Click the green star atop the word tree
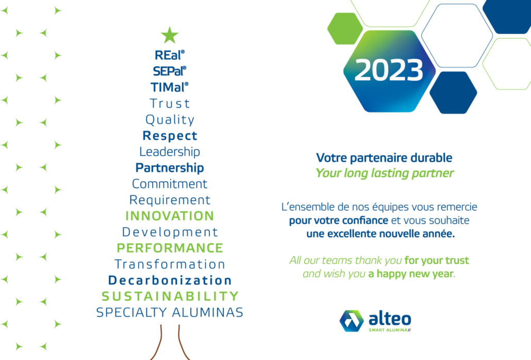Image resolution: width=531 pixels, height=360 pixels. tap(170, 35)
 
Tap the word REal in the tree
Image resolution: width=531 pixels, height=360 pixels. tap(169, 55)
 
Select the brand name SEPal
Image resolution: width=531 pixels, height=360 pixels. tap(169, 71)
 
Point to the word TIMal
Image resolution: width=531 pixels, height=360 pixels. tap(169, 87)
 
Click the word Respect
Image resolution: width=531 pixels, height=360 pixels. tap(170, 136)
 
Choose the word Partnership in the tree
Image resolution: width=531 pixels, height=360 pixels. tap(170, 168)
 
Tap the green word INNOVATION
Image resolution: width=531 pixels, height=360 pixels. tap(170, 216)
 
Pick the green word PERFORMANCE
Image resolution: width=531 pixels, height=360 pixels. tap(170, 248)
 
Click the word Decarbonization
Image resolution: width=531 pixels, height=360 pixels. tap(170, 280)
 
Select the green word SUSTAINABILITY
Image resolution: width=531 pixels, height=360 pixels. tap(170, 297)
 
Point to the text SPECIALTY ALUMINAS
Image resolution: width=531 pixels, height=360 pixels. tap(170, 312)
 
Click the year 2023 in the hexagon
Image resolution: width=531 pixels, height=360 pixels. tap(389, 70)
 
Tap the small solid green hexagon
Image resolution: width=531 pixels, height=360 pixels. tap(345, 29)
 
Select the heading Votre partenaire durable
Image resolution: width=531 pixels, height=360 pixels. tap(384, 158)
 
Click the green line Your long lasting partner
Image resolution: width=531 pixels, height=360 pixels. tap(385, 173)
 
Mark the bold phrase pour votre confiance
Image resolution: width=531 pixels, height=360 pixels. tap(338, 220)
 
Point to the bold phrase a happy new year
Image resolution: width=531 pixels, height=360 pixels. tap(410, 274)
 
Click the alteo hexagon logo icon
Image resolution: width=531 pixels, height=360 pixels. tap(352, 321)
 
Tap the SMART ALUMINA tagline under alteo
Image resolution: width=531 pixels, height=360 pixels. tap(389, 330)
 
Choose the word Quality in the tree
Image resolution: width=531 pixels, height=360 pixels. tap(170, 120)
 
